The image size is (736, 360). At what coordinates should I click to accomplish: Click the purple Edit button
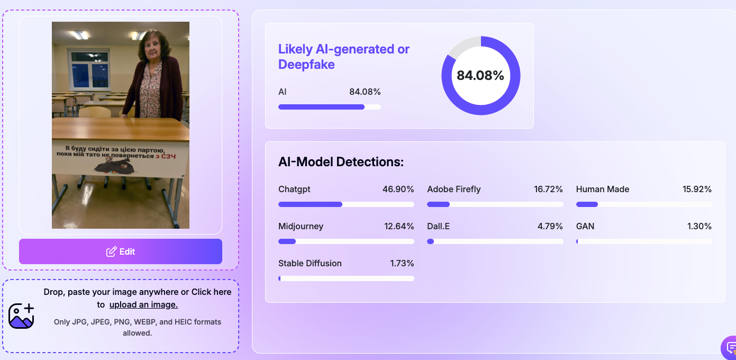(x=121, y=251)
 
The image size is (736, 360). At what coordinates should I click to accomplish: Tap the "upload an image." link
(x=143, y=305)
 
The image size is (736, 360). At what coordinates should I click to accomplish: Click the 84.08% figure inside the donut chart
(x=480, y=76)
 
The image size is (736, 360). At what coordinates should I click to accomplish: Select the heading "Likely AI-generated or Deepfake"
(x=344, y=57)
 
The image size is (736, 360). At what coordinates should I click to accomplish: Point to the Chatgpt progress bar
(x=346, y=204)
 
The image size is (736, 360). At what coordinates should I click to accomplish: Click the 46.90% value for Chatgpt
(x=398, y=189)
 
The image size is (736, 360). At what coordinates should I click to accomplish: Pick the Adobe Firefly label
(x=454, y=189)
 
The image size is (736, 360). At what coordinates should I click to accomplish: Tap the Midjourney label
(x=301, y=226)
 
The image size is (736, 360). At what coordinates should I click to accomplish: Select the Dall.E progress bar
(x=495, y=241)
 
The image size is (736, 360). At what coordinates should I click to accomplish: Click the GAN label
(x=585, y=226)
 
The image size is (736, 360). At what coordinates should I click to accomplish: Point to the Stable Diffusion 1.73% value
(x=402, y=263)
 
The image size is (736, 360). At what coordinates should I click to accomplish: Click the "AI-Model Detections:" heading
(x=341, y=162)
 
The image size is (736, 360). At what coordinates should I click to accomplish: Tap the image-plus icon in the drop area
(x=21, y=316)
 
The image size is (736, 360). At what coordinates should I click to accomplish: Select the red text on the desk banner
(x=166, y=156)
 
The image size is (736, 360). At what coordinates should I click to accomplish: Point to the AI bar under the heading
(x=329, y=107)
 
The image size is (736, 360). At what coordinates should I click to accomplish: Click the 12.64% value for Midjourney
(x=399, y=226)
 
